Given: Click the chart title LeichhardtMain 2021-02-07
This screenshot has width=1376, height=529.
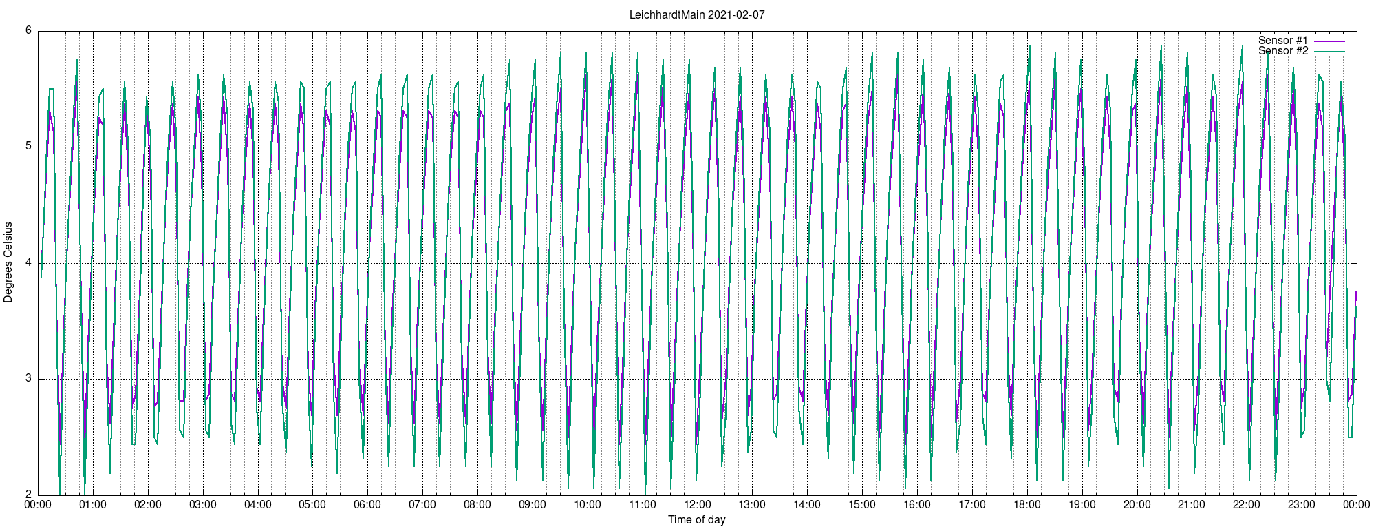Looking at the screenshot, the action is click(x=697, y=14).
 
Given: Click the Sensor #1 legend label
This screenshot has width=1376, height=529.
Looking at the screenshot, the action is click(x=1283, y=41).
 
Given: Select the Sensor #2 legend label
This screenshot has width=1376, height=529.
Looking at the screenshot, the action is click(x=1283, y=51).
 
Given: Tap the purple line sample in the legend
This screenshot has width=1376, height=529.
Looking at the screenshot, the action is click(x=1329, y=41).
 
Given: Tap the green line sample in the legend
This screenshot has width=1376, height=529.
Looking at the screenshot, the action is click(x=1329, y=52).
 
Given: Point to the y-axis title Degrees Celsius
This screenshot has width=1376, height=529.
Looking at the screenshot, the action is click(x=8, y=262).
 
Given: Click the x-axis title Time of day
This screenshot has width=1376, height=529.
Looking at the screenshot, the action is click(x=697, y=519).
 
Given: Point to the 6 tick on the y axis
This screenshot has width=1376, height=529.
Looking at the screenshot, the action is click(x=29, y=30).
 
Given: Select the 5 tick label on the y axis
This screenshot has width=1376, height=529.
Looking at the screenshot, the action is click(x=29, y=147).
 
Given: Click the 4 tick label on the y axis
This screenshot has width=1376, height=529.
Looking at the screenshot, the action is click(x=29, y=262).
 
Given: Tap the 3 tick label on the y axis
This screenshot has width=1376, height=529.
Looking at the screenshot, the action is click(x=29, y=379).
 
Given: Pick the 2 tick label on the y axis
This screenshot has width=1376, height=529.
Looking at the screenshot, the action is click(x=29, y=495).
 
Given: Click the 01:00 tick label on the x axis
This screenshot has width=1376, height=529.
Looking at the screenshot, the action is click(x=93, y=504).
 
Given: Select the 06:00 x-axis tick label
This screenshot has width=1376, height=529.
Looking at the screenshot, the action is click(x=367, y=504).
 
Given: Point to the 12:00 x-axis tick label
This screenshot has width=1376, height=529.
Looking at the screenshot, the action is click(x=697, y=504).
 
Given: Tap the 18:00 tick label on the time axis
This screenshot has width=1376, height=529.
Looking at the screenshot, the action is click(x=1027, y=504).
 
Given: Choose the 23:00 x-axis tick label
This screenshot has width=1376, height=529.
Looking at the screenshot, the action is click(x=1302, y=504).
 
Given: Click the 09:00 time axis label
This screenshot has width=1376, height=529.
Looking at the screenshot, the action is click(x=533, y=504).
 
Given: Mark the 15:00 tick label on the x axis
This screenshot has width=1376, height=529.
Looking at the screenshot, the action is click(x=862, y=504).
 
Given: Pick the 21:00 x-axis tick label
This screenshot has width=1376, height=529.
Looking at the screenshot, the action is click(x=1192, y=504).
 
